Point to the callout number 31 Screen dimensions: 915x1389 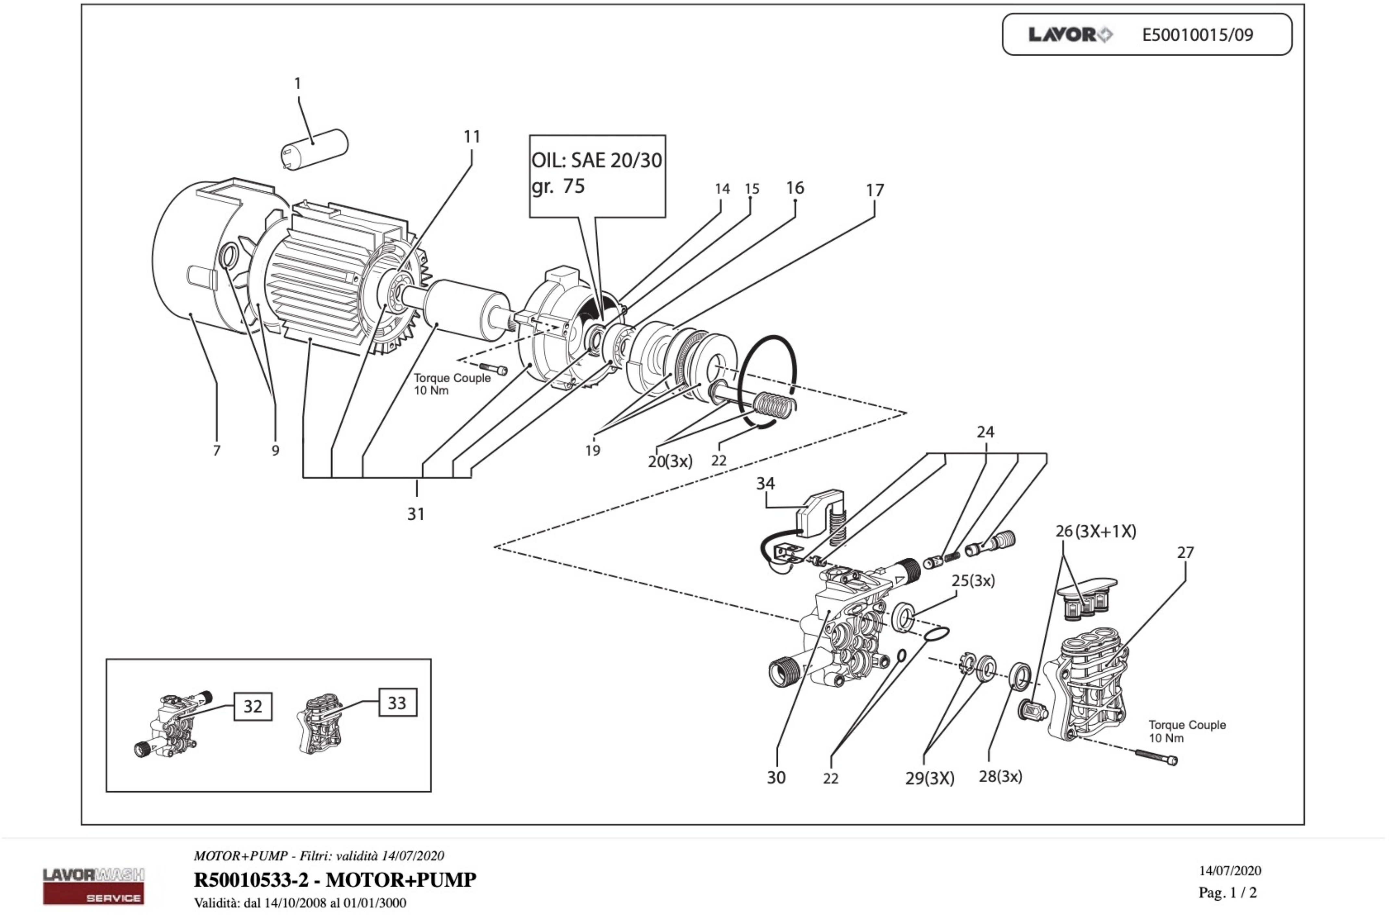(415, 514)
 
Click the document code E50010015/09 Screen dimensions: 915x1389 (1197, 35)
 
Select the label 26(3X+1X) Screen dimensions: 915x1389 (1095, 532)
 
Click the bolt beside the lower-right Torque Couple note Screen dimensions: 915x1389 (1157, 756)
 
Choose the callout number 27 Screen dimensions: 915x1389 (1185, 552)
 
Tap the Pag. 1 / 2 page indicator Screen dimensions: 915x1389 (1227, 892)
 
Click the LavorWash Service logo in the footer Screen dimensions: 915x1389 (93, 886)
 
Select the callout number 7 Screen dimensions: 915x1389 (217, 451)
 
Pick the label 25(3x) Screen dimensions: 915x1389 (973, 581)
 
